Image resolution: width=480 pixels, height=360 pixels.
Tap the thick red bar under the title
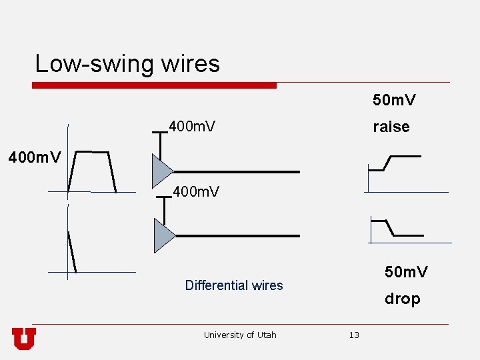pyautogui.click(x=154, y=85)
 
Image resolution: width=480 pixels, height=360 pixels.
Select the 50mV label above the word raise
pyautogui.click(x=394, y=101)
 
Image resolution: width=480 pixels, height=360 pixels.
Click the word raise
pyautogui.click(x=391, y=127)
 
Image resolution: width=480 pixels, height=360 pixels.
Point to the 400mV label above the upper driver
pyautogui.click(x=192, y=126)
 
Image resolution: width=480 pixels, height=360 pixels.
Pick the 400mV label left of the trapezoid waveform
pyautogui.click(x=34, y=158)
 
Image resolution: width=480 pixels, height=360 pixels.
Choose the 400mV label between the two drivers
pyautogui.click(x=196, y=193)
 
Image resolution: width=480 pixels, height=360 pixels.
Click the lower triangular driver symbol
pyautogui.click(x=163, y=236)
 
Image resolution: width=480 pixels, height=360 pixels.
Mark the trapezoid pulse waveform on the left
pyautogui.click(x=94, y=170)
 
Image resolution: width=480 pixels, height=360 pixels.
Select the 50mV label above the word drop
pyautogui.click(x=406, y=272)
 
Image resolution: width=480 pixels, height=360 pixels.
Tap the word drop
pyautogui.click(x=402, y=299)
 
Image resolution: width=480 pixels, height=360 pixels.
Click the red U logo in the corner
pyautogui.click(x=24, y=339)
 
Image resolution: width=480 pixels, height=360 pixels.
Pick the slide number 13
pyautogui.click(x=354, y=335)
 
